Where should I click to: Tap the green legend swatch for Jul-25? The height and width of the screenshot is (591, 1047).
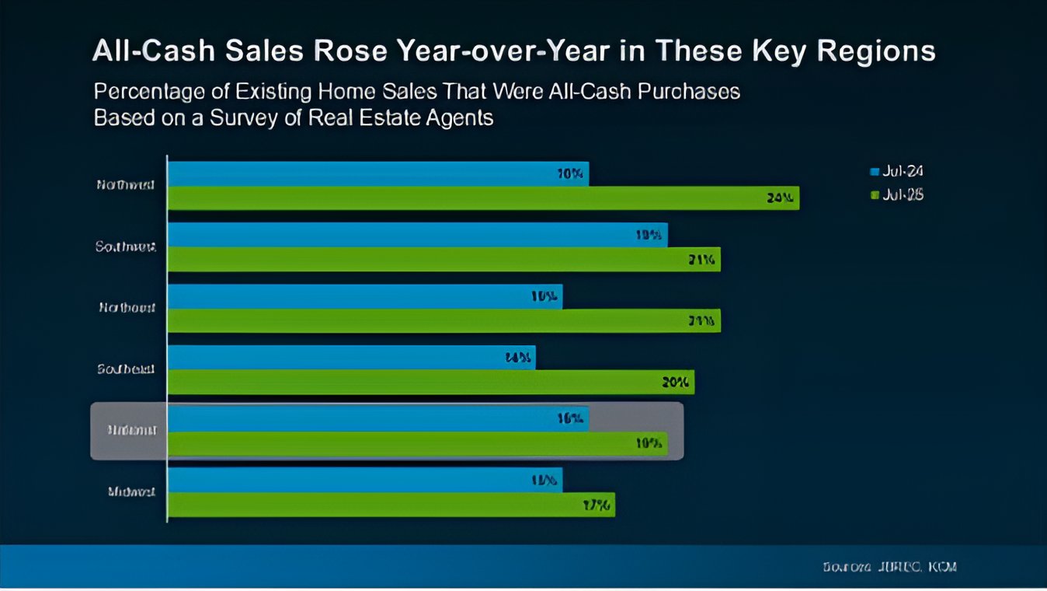pos(875,195)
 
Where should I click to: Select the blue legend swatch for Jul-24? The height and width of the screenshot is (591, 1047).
pos(875,172)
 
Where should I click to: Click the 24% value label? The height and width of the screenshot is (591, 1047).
pos(779,198)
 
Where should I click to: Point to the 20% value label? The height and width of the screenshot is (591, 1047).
pos(675,382)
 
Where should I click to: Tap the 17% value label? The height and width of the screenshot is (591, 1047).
pos(597,505)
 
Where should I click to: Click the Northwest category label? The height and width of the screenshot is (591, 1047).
pos(126,185)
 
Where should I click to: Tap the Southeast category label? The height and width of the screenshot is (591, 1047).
pos(126,369)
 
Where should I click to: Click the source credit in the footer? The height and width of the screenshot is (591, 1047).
pos(889,567)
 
